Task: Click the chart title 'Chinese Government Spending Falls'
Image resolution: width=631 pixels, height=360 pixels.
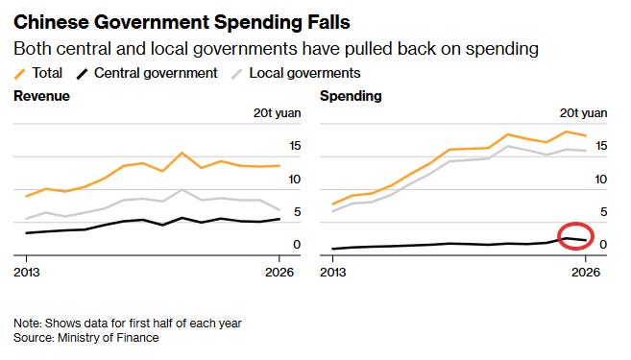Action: (182, 22)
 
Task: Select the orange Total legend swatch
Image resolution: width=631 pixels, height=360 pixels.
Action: (20, 74)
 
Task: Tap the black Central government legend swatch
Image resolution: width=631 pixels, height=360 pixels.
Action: (82, 74)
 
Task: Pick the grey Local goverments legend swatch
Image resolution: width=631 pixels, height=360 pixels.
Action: (237, 74)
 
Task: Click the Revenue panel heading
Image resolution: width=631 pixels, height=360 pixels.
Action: (42, 96)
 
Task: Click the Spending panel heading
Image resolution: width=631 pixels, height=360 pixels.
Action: (351, 96)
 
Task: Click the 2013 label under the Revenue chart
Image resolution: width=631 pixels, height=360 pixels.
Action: (27, 273)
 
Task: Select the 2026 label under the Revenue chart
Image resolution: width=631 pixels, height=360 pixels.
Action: (279, 273)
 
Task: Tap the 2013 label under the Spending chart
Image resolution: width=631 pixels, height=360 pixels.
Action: (333, 273)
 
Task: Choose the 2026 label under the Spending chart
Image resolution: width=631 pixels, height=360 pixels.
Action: (586, 273)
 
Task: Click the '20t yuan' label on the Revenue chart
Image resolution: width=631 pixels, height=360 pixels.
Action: (278, 113)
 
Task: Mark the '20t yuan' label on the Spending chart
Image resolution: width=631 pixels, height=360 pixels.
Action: (584, 113)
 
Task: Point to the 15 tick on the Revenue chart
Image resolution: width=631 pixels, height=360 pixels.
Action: (295, 146)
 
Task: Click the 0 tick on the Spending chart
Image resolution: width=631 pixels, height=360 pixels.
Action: (603, 245)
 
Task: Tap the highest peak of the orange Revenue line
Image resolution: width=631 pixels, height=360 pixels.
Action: (182, 153)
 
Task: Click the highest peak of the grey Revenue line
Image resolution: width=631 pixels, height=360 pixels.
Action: (182, 190)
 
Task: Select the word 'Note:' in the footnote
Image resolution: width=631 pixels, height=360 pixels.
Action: (27, 324)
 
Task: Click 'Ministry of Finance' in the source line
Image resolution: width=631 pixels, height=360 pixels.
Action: (109, 338)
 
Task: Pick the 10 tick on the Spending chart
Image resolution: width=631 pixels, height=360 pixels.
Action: (601, 180)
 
